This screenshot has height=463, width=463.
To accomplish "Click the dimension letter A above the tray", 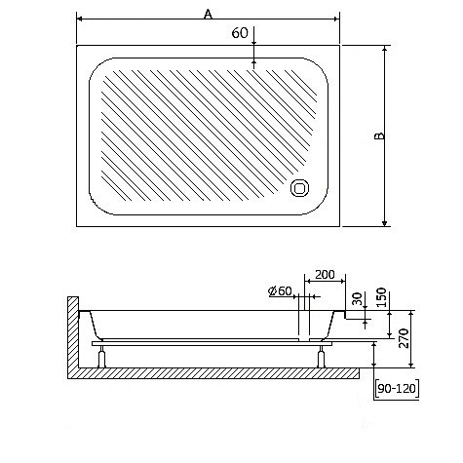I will (x=207, y=14).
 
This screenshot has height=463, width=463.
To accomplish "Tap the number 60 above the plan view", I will (x=239, y=34).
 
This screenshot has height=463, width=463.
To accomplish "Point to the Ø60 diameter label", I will (x=280, y=290).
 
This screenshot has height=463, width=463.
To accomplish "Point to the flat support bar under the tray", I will (x=214, y=342).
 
